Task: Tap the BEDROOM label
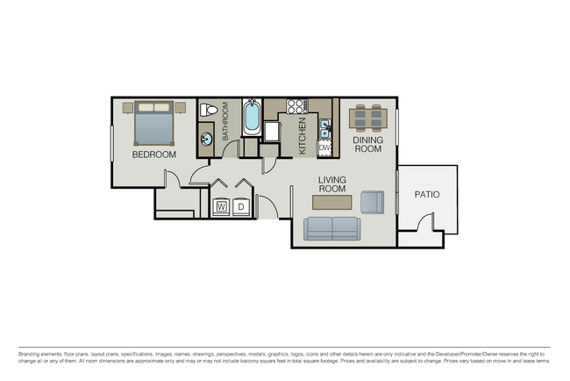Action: click(x=153, y=155)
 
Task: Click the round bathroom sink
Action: click(x=207, y=138)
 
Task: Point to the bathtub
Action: click(x=251, y=118)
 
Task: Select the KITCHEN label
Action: click(x=303, y=137)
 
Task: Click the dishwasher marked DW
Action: click(x=324, y=147)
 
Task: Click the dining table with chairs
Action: click(x=368, y=117)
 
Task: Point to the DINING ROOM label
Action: click(x=368, y=144)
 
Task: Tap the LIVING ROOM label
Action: click(x=332, y=183)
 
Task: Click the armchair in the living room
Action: click(x=372, y=202)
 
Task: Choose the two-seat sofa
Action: click(x=331, y=228)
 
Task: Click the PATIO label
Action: click(x=427, y=195)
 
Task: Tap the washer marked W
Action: click(x=221, y=207)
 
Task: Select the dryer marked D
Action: click(x=242, y=207)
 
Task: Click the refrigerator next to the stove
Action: click(x=272, y=131)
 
